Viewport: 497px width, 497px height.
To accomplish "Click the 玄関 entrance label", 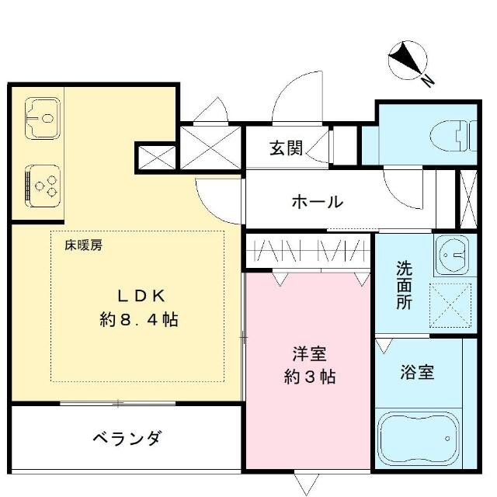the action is coord(287,148).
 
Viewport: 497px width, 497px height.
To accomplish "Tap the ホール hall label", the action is coord(318,202).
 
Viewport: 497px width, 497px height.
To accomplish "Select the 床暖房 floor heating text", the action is coord(84,245).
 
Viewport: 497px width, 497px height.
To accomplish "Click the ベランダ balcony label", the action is coord(127,438).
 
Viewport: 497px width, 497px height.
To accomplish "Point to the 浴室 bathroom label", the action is coord(417,372).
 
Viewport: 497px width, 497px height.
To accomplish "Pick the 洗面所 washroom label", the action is coord(405,285).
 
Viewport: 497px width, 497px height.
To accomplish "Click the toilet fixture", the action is coord(454,136).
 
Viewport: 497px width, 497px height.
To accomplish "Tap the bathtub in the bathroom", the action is coord(419,439).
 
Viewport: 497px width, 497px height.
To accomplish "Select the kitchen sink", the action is coord(43,118).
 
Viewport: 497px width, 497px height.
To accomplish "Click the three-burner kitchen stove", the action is coord(43,186).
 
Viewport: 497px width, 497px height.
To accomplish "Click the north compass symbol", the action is coord(408,61).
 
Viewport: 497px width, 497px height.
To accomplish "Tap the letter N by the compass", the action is coord(428,81).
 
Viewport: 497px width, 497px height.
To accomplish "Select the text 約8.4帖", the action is coord(139,319).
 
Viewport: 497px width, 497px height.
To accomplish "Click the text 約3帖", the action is coord(309,377).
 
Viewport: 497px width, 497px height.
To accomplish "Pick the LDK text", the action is coord(141,297).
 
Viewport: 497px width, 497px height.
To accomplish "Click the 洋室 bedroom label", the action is coord(309,354).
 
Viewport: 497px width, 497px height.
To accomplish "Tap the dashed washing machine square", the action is coord(450,305).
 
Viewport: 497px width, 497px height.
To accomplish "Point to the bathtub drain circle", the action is coord(447,439).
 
